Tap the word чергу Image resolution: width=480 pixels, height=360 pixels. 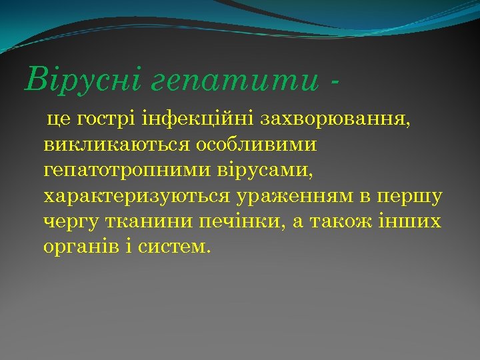coord(69,221)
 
